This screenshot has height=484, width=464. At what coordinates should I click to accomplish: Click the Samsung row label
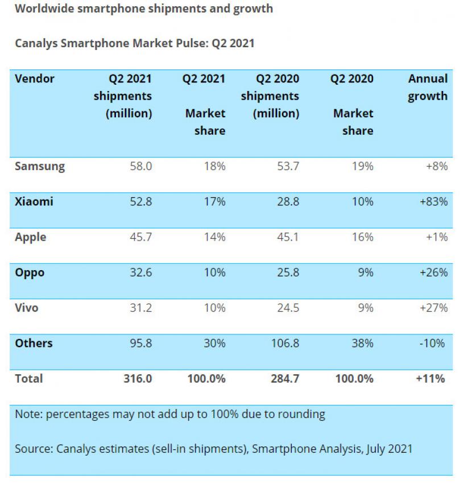(x=40, y=167)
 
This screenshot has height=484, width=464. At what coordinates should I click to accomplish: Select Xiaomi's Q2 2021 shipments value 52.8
(x=140, y=202)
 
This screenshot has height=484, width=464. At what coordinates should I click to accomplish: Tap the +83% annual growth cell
(x=433, y=202)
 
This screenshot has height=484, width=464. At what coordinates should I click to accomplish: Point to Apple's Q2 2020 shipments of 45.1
(x=287, y=237)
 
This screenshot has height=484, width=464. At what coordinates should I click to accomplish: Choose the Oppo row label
(x=30, y=272)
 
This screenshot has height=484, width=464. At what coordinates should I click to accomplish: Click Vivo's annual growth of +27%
(x=433, y=308)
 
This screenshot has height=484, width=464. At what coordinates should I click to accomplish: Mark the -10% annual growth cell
(x=434, y=343)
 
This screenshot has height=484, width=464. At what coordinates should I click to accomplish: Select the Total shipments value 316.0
(x=138, y=378)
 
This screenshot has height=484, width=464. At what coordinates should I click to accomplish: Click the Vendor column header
(x=35, y=78)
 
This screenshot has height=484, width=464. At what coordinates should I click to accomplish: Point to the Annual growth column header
(x=428, y=87)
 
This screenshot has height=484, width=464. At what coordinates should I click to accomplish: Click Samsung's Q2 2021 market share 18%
(x=215, y=167)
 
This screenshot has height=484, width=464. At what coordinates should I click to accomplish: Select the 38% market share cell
(x=362, y=343)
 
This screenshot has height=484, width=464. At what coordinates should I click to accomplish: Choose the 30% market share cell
(x=215, y=343)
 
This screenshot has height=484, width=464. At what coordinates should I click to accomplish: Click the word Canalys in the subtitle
(x=36, y=43)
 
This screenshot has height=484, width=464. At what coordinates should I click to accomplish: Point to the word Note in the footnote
(x=28, y=414)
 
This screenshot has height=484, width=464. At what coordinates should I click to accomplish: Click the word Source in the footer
(x=34, y=449)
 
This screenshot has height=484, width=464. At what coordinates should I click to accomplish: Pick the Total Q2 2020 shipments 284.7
(x=285, y=378)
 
